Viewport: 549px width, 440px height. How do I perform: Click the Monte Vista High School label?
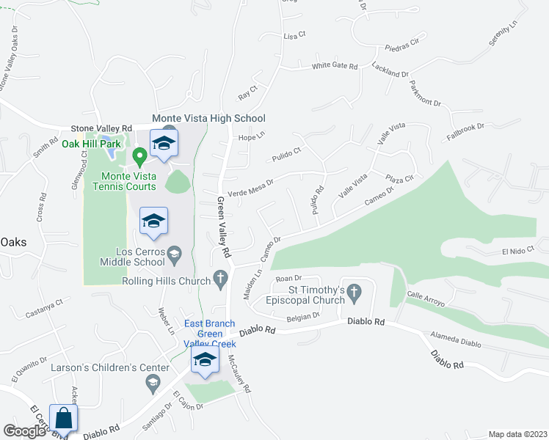[x=208, y=118]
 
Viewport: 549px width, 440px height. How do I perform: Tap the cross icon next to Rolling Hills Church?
[x=219, y=278]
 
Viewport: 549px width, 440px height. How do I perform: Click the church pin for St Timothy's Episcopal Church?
[x=354, y=292]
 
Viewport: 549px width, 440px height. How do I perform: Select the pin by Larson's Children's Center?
[x=153, y=381]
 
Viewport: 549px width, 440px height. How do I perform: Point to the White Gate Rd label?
[x=334, y=66]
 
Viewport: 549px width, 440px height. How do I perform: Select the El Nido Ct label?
[x=515, y=252]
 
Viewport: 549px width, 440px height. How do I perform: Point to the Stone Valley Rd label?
[x=101, y=127]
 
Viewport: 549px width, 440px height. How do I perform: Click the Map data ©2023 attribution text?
[x=517, y=434]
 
